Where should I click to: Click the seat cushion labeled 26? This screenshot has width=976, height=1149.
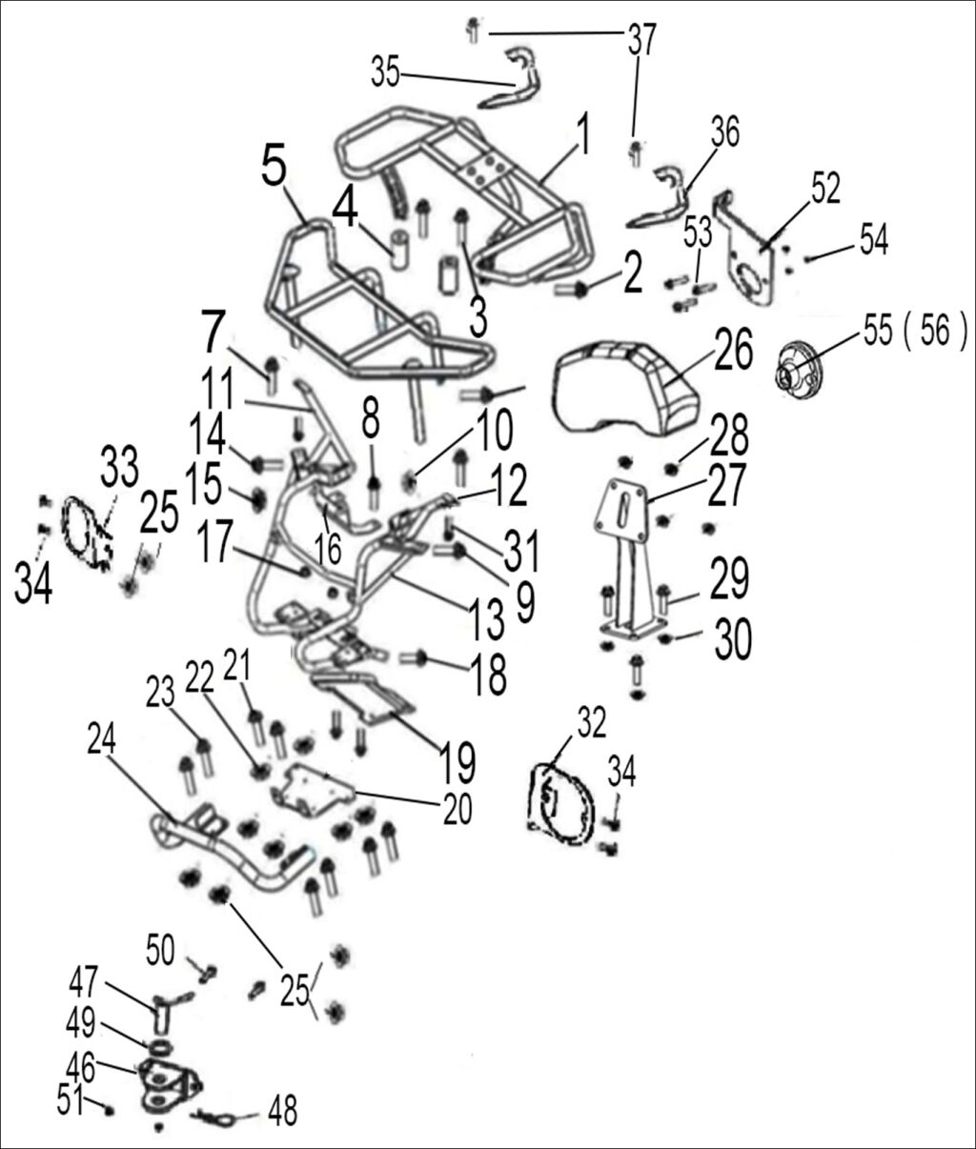tap(629, 386)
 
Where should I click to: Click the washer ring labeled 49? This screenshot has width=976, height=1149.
tap(160, 1048)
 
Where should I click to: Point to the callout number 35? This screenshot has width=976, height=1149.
tap(385, 73)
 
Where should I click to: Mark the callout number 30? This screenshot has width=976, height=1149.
tap(732, 641)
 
